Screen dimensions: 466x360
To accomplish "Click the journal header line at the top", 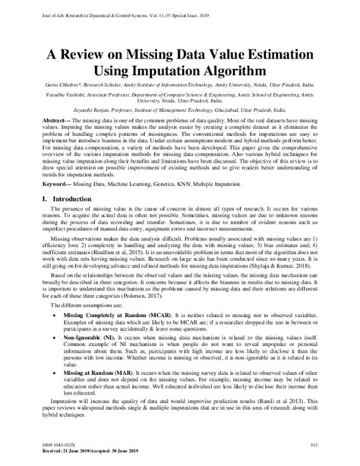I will coord(137,7).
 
